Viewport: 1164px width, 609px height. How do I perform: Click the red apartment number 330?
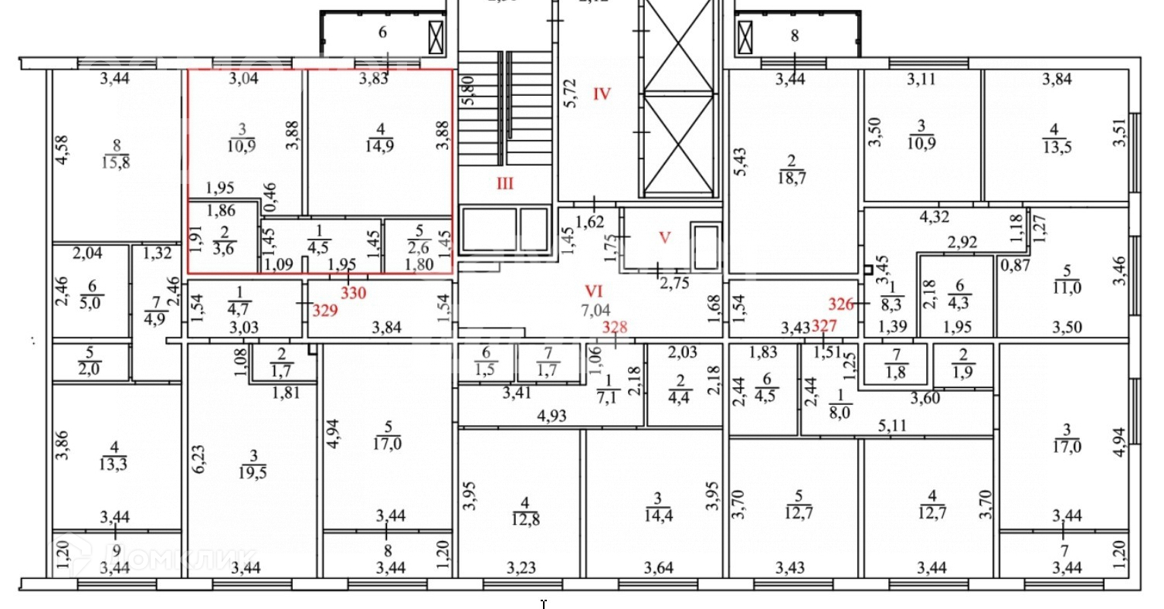pos(354,294)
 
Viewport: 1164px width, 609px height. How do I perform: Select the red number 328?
pos(615,327)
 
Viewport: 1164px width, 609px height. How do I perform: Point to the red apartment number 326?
pos(841,304)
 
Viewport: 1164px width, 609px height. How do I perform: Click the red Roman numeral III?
pos(504,184)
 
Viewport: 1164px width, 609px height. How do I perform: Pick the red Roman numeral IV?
pos(602,94)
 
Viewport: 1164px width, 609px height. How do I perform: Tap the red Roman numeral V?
pos(665,237)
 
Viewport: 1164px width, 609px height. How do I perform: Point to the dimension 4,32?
pos(934,216)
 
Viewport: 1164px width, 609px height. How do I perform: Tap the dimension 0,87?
pos(1015,264)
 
